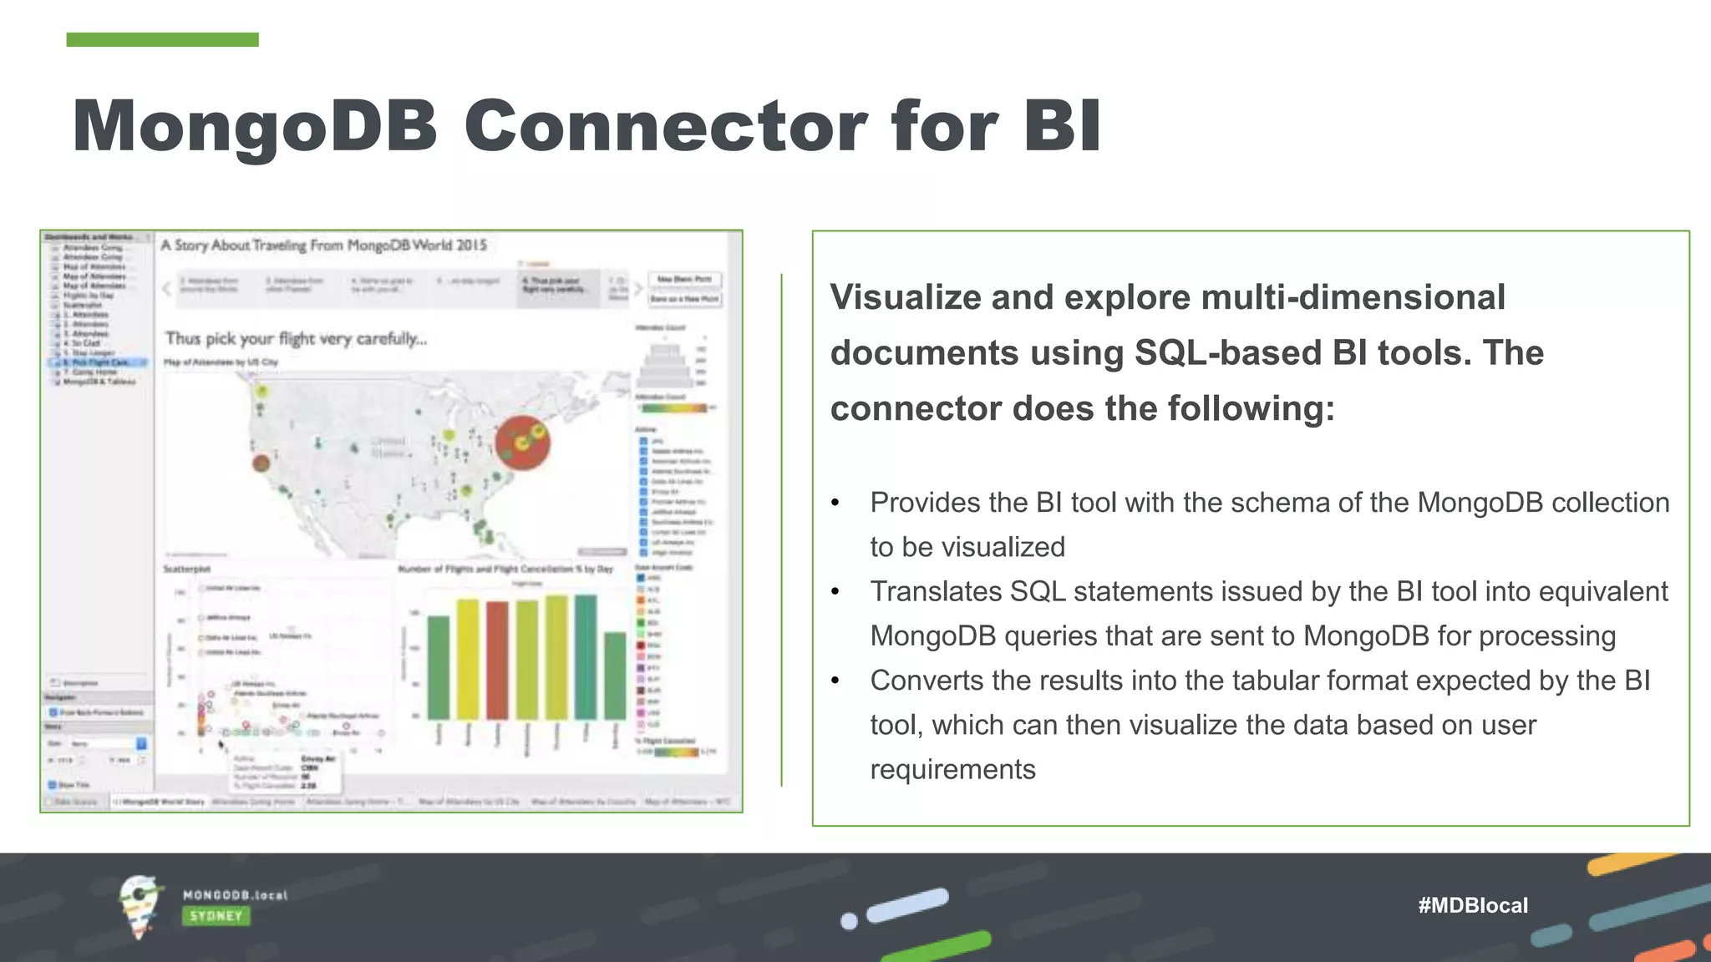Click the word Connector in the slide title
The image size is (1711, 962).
(665, 127)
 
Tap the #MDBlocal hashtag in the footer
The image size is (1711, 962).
(1472, 905)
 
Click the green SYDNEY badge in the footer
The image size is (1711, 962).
(216, 916)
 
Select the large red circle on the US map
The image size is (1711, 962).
(522, 443)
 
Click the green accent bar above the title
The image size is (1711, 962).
(162, 39)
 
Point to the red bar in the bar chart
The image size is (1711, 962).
(497, 660)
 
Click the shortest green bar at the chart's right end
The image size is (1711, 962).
(615, 676)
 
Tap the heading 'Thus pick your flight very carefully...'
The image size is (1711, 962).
(296, 339)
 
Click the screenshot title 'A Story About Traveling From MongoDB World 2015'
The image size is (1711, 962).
(323, 245)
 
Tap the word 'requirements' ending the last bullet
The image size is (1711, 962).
(952, 769)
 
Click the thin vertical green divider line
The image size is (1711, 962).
(781, 529)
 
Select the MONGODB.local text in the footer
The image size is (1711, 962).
(235, 895)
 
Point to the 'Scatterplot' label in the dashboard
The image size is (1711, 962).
(187, 569)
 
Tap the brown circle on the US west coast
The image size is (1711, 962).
(261, 463)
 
